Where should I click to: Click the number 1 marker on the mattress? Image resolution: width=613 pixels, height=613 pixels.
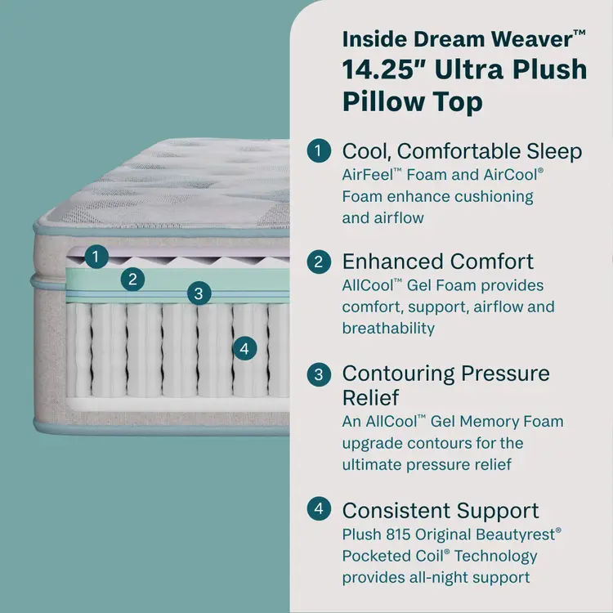pyautogui.click(x=96, y=257)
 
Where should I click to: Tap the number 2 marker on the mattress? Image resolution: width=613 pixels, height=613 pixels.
pyautogui.click(x=132, y=280)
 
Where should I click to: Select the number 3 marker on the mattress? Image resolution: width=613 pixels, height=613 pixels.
pyautogui.click(x=197, y=293)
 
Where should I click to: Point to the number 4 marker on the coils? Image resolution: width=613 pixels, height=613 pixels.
pyautogui.click(x=244, y=348)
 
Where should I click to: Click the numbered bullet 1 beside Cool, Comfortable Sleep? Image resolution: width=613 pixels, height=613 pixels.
pyautogui.click(x=319, y=151)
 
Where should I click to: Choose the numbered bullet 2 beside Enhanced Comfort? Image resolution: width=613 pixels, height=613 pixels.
pyautogui.click(x=319, y=262)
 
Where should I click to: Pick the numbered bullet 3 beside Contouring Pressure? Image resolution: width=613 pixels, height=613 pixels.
pyautogui.click(x=319, y=374)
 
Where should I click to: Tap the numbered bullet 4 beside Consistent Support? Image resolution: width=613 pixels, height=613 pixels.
pyautogui.click(x=319, y=510)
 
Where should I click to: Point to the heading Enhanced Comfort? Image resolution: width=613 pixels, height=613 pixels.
pyautogui.click(x=437, y=262)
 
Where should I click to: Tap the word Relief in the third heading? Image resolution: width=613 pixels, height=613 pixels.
pyautogui.click(x=370, y=398)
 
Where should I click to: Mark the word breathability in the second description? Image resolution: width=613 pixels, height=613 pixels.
pyautogui.click(x=388, y=329)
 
